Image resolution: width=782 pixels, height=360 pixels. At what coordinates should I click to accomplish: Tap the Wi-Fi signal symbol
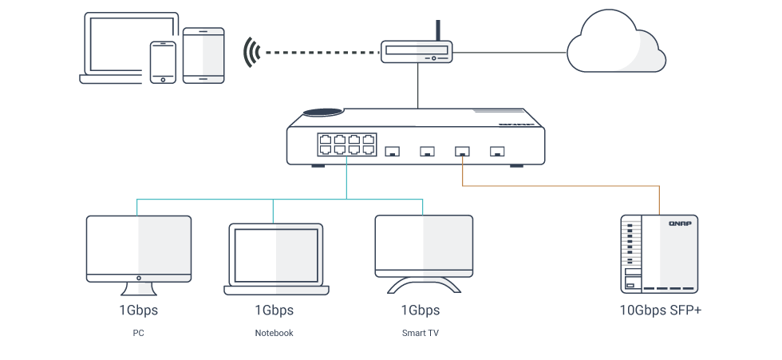[x=253, y=52]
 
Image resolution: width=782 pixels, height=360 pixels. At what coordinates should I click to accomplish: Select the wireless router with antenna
[x=416, y=51]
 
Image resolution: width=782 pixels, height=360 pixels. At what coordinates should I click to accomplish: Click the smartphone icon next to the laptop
[x=163, y=61]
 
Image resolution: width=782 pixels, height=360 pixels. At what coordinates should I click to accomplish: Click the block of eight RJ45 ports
[x=346, y=144]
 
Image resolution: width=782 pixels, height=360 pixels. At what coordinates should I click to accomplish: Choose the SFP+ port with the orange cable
[x=462, y=150]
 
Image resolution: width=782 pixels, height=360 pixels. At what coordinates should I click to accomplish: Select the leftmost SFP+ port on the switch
[x=392, y=150]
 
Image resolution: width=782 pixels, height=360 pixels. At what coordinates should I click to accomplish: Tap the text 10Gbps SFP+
[x=660, y=310]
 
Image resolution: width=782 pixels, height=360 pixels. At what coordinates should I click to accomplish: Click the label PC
[x=138, y=333]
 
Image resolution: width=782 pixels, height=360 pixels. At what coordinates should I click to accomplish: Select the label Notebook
[x=274, y=333]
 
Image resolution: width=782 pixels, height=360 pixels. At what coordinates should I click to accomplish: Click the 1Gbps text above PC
[x=138, y=310]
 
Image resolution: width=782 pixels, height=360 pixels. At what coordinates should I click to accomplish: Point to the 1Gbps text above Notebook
[x=274, y=310]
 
